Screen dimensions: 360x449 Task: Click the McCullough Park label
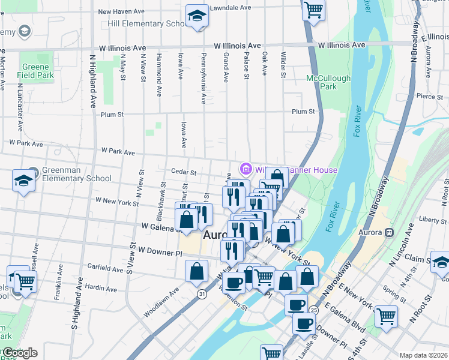point(328,82)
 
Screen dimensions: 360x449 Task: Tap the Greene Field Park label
point(37,71)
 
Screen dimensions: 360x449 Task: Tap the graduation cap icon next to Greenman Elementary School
point(23,181)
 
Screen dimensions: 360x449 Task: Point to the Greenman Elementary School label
point(76,174)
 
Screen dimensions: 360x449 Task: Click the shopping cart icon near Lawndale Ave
point(313,10)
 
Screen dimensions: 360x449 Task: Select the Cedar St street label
point(184,172)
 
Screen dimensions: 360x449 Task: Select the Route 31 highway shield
point(203,293)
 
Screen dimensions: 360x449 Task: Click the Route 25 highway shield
point(314,310)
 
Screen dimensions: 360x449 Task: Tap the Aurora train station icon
point(389,232)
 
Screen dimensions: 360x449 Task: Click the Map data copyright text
point(424,355)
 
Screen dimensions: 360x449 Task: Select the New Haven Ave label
point(121,11)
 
